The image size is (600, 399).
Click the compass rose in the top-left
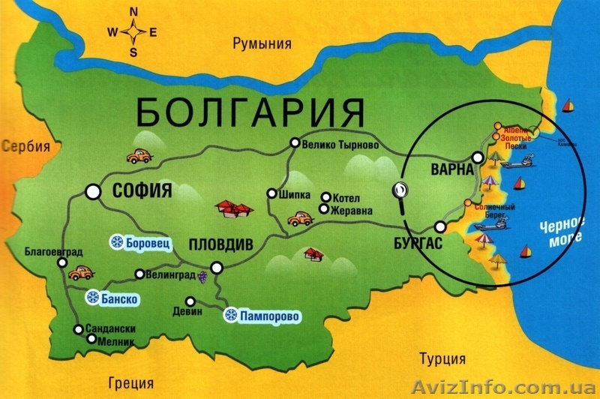pos(133,32)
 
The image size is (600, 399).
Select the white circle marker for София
pos(93,191)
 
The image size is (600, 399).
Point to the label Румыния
pos(262,43)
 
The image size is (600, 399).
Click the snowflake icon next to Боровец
pos(117,241)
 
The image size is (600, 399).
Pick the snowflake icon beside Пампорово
pos(230,316)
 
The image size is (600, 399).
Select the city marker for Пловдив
pos(217,266)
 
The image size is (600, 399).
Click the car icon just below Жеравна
pos(300,219)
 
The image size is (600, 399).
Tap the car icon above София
pos(138,156)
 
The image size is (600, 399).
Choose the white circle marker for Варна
pos(478,158)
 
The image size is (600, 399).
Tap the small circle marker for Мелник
pos(91,339)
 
